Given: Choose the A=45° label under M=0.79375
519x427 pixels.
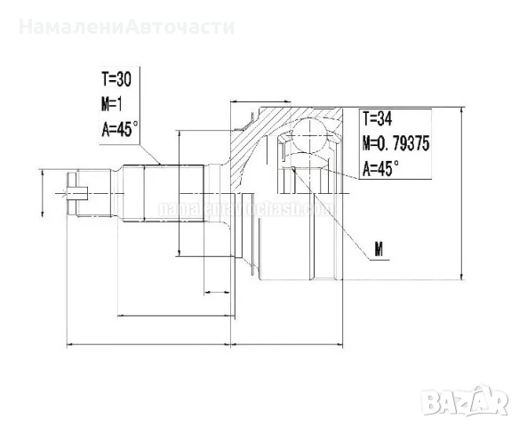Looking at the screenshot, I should (380, 166).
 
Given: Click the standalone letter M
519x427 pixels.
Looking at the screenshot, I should (378, 250).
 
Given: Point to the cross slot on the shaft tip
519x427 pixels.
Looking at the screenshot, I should (75, 189).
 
